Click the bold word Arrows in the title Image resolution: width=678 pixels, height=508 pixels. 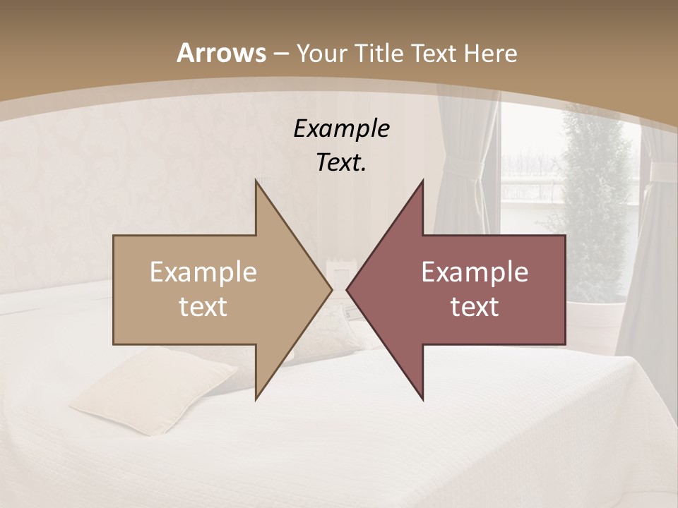point(222,53)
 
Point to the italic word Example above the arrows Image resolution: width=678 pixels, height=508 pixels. point(341,128)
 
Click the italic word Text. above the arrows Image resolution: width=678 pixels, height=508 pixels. point(341,162)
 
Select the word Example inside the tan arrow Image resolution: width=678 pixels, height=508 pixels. point(203,272)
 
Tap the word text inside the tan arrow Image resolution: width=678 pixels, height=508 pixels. point(203,307)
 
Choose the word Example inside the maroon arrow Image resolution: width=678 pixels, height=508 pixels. point(475,272)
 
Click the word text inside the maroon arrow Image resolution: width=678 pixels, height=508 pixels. point(475,307)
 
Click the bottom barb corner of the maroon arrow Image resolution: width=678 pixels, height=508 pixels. point(422,399)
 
